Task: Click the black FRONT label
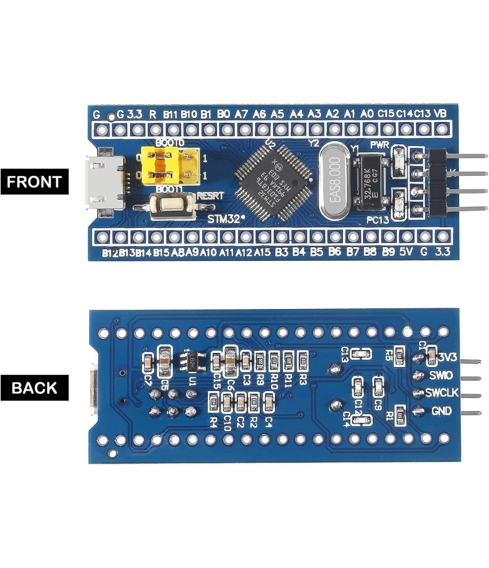pos(35,181)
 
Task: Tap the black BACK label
pos(35,388)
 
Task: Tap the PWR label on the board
pos(380,144)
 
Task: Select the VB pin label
pos(440,114)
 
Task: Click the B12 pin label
pos(110,252)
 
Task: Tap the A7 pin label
pos(241,114)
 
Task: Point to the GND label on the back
pos(441,411)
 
